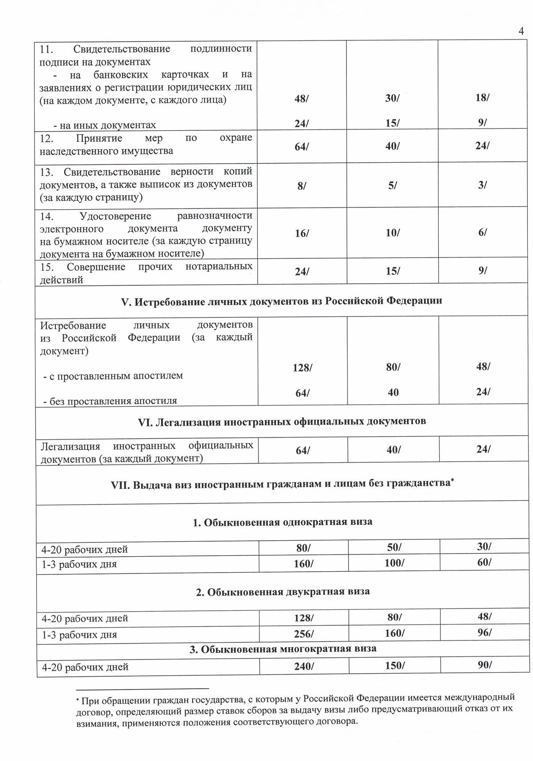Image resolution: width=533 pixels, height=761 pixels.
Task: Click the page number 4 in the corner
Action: [x=521, y=31]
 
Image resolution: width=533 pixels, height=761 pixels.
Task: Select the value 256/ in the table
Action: [x=304, y=634]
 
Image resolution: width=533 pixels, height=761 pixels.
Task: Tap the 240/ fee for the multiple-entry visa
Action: [x=304, y=666]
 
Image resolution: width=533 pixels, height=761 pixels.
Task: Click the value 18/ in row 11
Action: [x=483, y=98]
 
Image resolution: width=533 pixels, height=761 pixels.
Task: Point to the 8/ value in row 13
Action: [x=302, y=186]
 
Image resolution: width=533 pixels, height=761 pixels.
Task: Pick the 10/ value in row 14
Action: [x=393, y=233]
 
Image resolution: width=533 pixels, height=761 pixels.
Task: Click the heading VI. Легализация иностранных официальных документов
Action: [x=282, y=421]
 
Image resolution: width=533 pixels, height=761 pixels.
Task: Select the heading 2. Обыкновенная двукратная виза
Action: [x=283, y=592]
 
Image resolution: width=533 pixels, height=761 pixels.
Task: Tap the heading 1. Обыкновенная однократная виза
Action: [x=282, y=522]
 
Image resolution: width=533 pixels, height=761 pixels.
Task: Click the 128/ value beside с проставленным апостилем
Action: [x=302, y=368]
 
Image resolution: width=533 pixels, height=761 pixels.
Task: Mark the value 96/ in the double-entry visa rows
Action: [x=484, y=632]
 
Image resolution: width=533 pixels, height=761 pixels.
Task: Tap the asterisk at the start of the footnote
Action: [x=77, y=700]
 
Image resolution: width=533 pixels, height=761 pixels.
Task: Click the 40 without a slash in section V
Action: [x=393, y=393]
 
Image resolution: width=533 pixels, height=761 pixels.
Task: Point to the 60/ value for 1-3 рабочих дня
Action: [x=484, y=562]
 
